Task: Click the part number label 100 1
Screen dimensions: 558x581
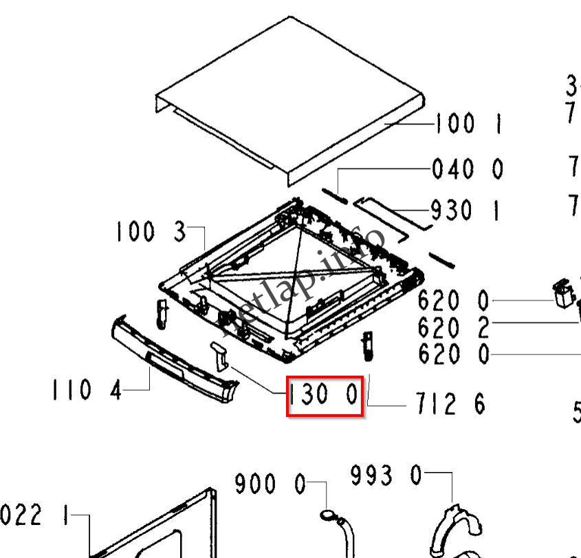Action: (468, 125)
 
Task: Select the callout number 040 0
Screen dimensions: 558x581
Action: (468, 169)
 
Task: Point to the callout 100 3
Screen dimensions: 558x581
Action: (151, 232)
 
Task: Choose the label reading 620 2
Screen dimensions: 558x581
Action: (454, 328)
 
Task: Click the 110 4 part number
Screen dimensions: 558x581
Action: (86, 390)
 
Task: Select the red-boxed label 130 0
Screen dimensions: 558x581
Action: (324, 396)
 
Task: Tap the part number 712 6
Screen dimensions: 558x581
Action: (450, 404)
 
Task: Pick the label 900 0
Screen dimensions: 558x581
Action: (270, 484)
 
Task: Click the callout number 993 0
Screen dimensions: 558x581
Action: (386, 475)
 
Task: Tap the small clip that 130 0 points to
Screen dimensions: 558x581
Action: (219, 354)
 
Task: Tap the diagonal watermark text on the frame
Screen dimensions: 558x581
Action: (303, 282)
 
